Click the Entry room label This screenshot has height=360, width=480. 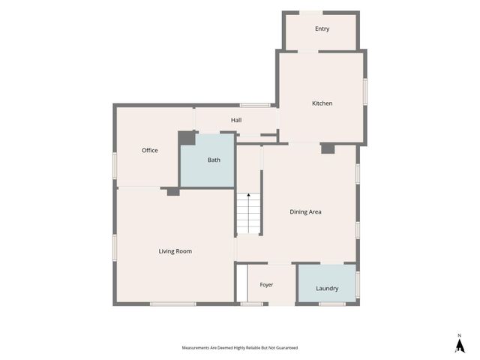point(322,28)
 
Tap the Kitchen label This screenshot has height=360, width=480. point(322,103)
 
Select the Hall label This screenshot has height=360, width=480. point(236,120)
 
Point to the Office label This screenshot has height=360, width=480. point(150,150)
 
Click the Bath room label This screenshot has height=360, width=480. point(214,160)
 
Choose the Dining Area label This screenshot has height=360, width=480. point(305,211)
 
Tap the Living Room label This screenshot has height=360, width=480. point(175,251)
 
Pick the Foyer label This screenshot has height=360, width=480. point(266,285)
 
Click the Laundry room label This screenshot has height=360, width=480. point(327,288)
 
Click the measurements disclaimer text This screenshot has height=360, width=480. point(240,348)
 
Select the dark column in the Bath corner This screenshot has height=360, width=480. point(187,138)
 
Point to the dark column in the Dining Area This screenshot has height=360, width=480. point(328,148)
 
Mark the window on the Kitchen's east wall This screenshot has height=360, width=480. point(365,91)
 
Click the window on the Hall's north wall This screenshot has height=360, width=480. point(255,105)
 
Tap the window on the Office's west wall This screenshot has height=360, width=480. point(115,166)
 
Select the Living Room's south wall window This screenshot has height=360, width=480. point(173,304)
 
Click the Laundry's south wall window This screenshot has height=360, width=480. point(332,304)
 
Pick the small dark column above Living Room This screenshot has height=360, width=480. point(173,192)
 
